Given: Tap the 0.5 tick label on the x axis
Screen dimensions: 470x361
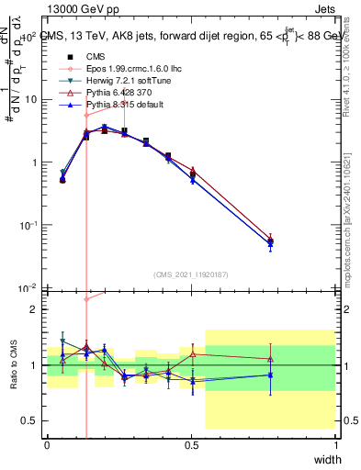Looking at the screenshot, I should click(x=191, y=444).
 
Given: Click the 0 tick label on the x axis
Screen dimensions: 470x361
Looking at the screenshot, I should click(x=47, y=444).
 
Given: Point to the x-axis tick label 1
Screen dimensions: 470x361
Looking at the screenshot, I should click(x=335, y=444).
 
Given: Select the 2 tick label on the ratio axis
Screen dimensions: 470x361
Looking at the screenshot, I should click(x=34, y=309).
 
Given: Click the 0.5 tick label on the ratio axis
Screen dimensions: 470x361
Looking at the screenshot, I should click(x=29, y=420).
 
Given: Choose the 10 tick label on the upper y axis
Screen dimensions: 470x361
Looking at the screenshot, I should click(x=28, y=99).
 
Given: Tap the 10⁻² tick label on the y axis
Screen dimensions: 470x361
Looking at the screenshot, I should click(x=28, y=289).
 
